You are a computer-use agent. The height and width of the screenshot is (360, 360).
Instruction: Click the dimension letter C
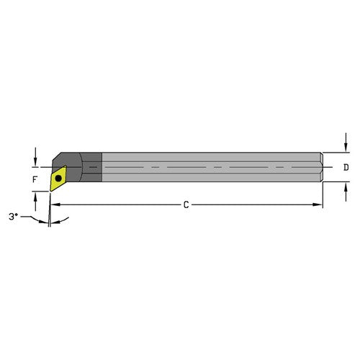tap(185, 204)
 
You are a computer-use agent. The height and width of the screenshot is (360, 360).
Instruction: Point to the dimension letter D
tap(346, 168)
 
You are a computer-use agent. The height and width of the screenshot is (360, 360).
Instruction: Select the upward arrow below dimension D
tap(342, 190)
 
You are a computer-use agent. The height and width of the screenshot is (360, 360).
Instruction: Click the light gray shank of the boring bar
tap(209, 167)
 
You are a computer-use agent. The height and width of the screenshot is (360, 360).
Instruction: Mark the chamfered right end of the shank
tap(319, 167)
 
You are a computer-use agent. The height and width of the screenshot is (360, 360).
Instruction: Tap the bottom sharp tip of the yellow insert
tap(51, 190)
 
